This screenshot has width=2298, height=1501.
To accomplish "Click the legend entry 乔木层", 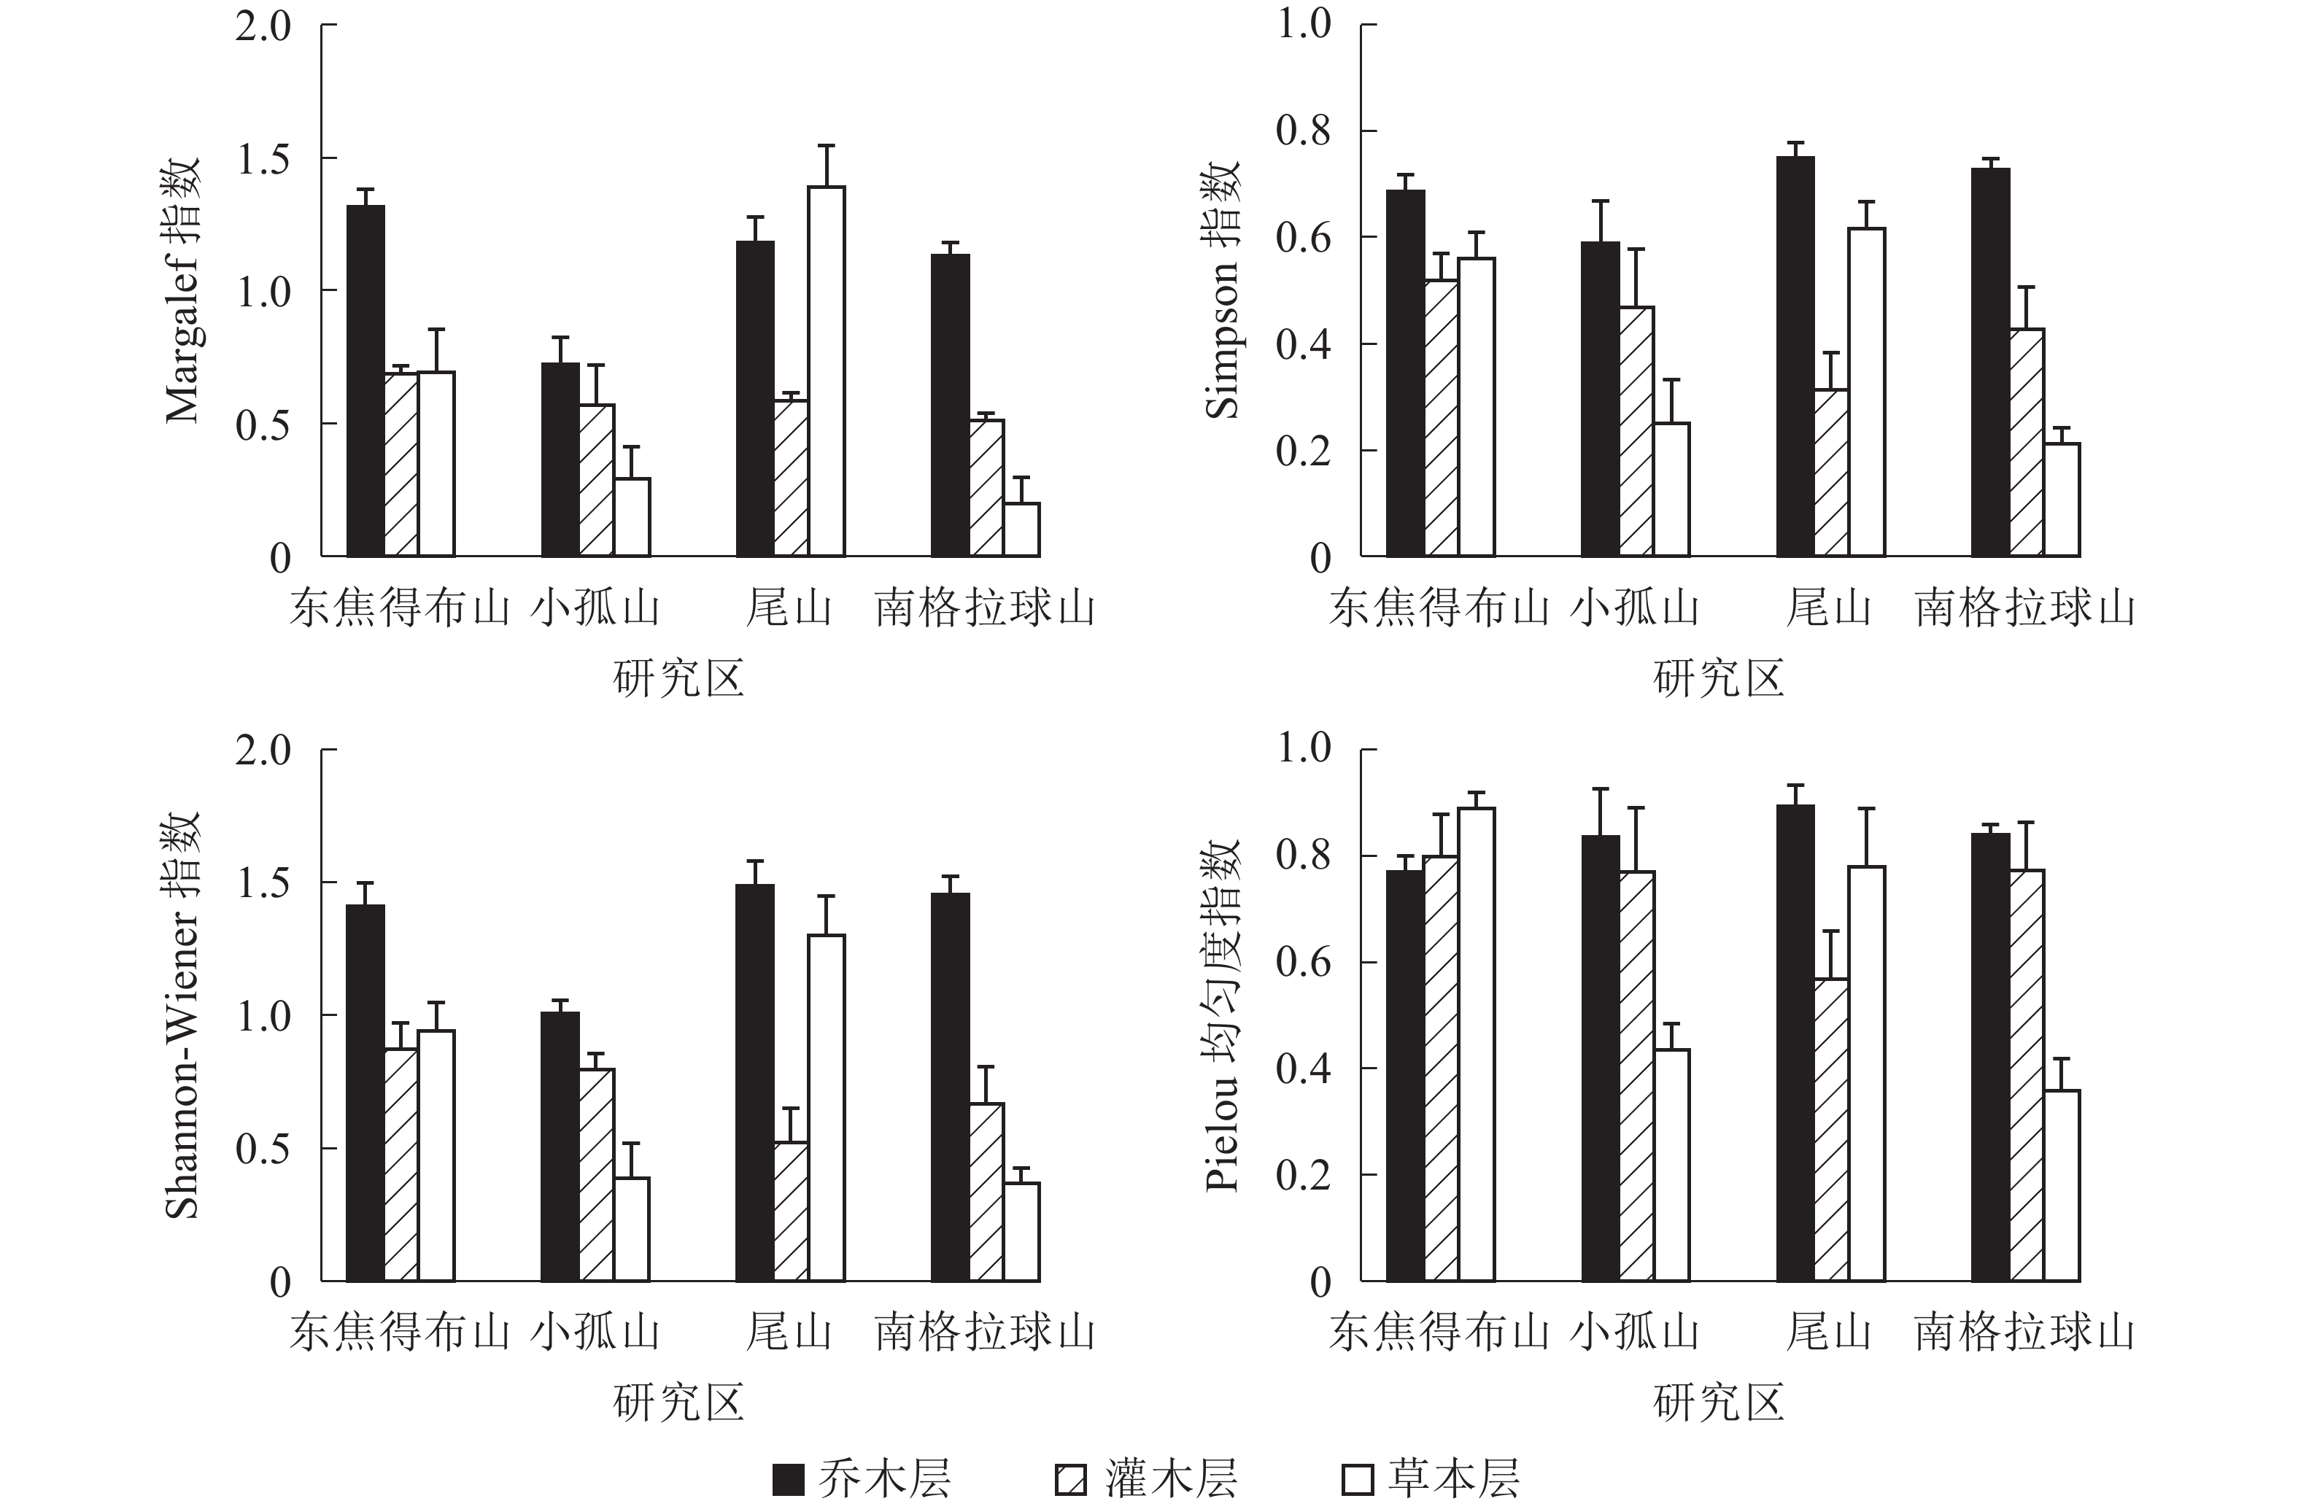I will click(862, 1478).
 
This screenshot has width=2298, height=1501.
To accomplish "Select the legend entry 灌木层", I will click(1146, 1478).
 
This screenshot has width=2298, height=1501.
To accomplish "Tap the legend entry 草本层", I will click(1430, 1478).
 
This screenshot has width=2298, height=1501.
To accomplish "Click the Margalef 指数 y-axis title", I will click(182, 290).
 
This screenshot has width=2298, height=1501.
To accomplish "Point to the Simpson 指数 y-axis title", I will click(1223, 290).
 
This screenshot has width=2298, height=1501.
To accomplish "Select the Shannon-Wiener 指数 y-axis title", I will click(182, 1015).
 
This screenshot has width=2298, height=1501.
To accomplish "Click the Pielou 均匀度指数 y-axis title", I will click(1223, 1015).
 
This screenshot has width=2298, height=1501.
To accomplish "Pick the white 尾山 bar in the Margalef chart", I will click(827, 372).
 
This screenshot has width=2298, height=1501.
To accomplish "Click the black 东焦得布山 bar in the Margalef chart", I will click(366, 381).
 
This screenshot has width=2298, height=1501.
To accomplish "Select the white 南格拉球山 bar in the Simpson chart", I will click(2062, 500).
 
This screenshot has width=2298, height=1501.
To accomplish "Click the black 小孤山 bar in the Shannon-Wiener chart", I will click(560, 1147).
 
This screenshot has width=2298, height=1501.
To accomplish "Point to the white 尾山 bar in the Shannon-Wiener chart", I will click(827, 1108).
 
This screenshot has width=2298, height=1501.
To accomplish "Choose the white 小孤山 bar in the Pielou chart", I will click(1672, 1165).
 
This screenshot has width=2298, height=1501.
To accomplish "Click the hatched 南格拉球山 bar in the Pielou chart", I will click(2027, 1075).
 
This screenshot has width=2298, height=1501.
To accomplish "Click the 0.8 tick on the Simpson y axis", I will click(1304, 131).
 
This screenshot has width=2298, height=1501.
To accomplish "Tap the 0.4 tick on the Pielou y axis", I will click(1304, 1068).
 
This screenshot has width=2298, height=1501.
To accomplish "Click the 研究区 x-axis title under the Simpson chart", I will click(1719, 678).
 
